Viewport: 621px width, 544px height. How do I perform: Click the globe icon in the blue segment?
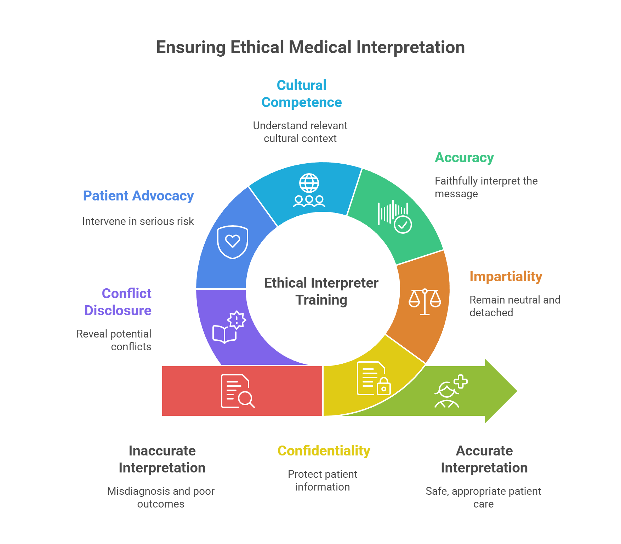tap(309, 183)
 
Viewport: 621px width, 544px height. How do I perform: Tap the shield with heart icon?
tap(233, 242)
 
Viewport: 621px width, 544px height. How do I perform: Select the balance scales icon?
tap(425, 302)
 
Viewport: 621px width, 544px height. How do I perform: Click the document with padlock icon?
tap(374, 379)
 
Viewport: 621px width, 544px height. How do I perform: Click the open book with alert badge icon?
tap(229, 328)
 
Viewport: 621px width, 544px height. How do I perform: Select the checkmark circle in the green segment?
tap(403, 225)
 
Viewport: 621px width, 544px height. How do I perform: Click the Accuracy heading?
tap(464, 158)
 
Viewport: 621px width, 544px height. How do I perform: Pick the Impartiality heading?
tap(506, 277)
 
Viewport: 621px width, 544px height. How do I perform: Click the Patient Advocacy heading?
tap(138, 196)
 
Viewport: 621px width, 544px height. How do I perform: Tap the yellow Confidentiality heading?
tap(324, 451)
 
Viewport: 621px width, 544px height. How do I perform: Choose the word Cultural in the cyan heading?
tap(301, 85)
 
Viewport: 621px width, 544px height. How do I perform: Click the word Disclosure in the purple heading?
tap(118, 311)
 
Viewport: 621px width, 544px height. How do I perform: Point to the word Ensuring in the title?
tap(190, 47)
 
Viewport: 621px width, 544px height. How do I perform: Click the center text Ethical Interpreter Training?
tap(321, 291)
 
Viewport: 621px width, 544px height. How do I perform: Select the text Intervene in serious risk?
tap(138, 221)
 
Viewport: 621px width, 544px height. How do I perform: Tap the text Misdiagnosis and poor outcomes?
tap(161, 497)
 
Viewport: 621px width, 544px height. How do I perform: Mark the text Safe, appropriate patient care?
tap(483, 497)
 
